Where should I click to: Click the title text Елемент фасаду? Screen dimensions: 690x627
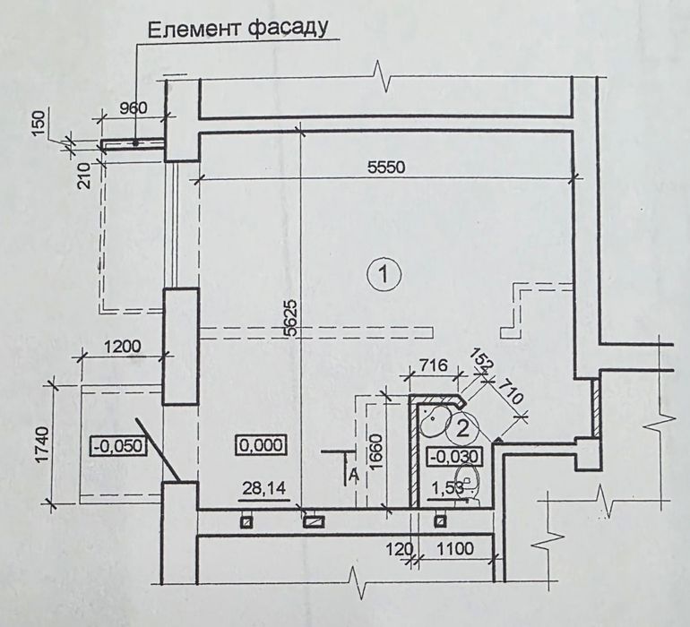point(238,29)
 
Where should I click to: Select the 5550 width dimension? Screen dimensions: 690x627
point(386,167)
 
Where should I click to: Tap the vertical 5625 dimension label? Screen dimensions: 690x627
point(290,318)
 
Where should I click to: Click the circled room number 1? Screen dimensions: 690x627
point(384,275)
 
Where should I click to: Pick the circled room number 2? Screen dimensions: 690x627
point(462,428)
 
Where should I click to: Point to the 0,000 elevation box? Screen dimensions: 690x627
point(262,445)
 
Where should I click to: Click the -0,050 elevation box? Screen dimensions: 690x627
point(117,446)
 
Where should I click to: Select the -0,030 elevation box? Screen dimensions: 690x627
point(453,456)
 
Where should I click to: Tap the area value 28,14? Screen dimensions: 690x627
point(264,488)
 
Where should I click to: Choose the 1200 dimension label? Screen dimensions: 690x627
point(123,347)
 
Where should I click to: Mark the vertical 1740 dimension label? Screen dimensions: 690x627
point(43,444)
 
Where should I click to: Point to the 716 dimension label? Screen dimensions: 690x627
point(433,365)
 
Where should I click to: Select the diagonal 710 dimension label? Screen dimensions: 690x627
point(510,391)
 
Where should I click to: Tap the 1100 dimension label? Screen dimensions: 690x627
point(455,549)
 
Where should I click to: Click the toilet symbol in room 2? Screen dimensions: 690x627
point(468,484)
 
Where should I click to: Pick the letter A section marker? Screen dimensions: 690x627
point(352,475)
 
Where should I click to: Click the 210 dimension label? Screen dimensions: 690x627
point(84,176)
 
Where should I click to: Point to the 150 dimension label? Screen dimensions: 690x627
point(39,124)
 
